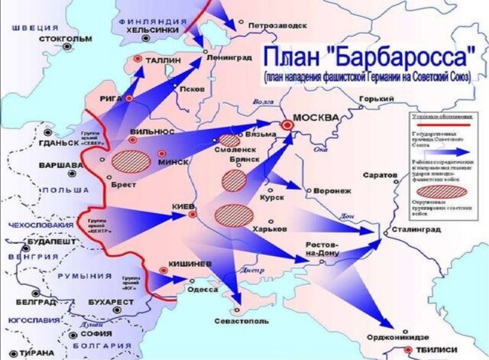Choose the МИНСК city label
click(174, 163)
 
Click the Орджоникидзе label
click(397, 334)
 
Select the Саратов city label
click(380, 174)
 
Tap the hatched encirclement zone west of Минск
click(131, 161)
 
